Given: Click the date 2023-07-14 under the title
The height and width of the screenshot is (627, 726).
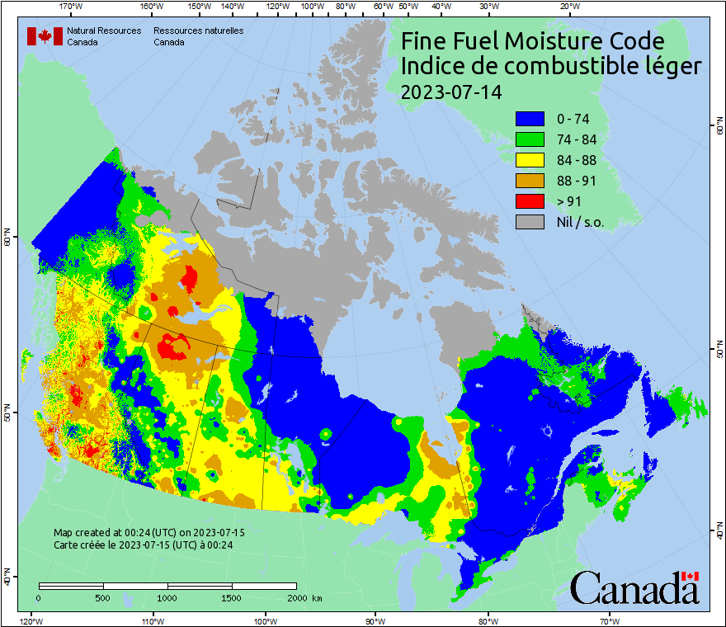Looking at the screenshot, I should (x=450, y=92).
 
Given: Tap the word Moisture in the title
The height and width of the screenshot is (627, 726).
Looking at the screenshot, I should (x=545, y=41).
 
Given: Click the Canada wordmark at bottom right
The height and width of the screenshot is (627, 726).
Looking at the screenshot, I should (x=634, y=587).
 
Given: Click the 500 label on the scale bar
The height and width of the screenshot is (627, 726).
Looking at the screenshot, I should (x=102, y=597).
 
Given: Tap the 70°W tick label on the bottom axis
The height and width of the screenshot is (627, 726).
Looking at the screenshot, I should (x=609, y=620).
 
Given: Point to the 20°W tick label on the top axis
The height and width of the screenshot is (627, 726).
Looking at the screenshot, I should (x=567, y=6).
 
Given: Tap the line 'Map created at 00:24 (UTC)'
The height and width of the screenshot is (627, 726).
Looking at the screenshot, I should (x=148, y=533).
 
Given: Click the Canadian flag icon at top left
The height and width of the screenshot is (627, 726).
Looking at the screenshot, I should (x=45, y=35).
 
